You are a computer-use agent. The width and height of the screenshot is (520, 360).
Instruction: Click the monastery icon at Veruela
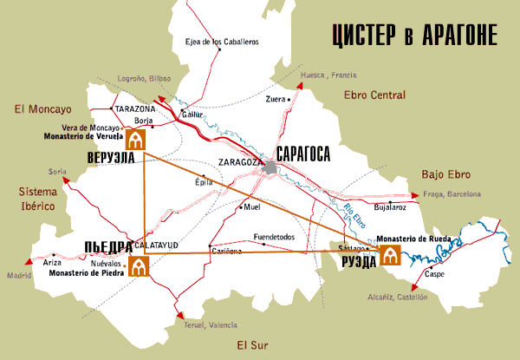(136, 140)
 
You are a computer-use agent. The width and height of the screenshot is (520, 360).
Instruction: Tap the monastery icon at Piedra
(137, 266)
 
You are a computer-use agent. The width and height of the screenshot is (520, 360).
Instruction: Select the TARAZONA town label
(134, 108)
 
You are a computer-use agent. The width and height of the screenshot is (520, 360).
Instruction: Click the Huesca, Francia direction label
(328, 75)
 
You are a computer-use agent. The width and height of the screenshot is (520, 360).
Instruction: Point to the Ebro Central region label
(374, 94)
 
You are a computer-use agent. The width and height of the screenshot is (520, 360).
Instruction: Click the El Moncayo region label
(41, 109)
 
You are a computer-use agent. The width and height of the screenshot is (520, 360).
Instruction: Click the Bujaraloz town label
(389, 208)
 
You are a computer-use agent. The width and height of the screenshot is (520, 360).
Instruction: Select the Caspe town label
(435, 275)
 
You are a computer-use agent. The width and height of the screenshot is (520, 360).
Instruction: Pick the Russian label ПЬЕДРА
(107, 245)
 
